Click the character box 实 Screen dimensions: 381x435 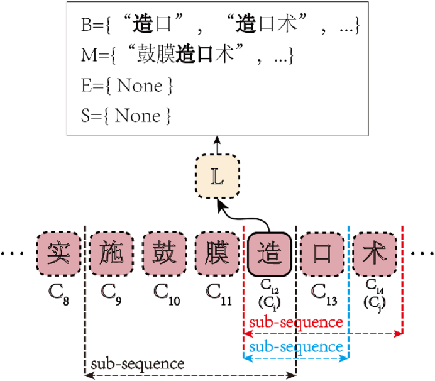[x=58, y=254]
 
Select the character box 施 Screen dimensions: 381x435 [x=111, y=254]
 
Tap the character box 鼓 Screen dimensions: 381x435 [x=164, y=254]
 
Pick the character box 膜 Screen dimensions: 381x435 [x=217, y=254]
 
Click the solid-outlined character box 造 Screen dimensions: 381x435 [x=270, y=254]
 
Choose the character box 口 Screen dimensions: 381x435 [x=322, y=254]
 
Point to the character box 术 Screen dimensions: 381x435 [x=375, y=254]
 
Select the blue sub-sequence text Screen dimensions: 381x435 [x=295, y=347]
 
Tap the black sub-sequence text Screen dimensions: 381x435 [x=138, y=364]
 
